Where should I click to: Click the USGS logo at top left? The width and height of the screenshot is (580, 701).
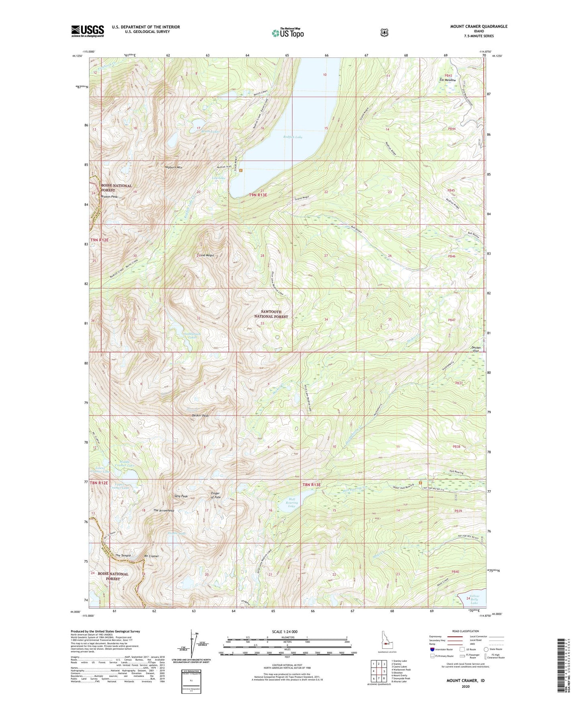[88, 31]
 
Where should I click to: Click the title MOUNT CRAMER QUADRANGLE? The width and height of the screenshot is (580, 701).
[472, 26]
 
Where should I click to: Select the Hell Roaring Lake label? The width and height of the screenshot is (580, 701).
[292, 502]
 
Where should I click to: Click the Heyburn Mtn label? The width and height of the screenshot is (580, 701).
[173, 167]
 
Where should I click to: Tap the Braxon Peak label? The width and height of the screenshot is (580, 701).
[109, 197]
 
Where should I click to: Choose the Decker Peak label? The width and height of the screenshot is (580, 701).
[200, 416]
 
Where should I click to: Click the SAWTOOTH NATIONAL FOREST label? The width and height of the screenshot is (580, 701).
[271, 314]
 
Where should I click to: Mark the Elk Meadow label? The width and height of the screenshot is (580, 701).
[447, 80]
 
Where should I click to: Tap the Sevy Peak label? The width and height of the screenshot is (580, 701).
[181, 496]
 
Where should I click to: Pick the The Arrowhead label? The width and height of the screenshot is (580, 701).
[164, 510]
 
